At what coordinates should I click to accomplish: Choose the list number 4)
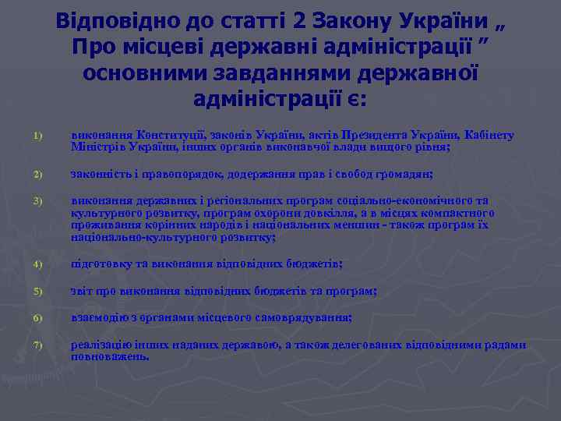click(37, 264)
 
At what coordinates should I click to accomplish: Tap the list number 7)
click(37, 346)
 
